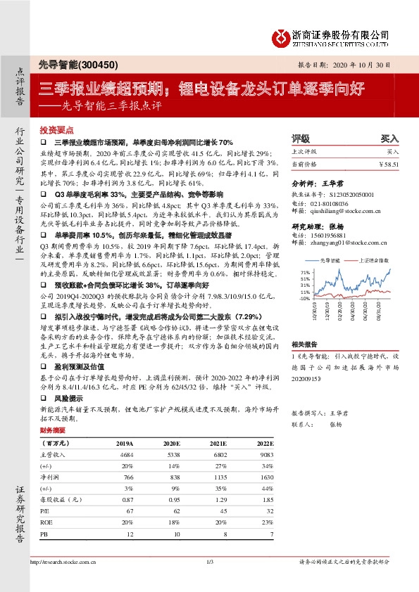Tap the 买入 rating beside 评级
[x=389, y=139]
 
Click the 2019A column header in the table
[x=124, y=444]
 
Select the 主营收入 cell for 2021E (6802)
[x=218, y=456]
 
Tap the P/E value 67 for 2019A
[x=129, y=510]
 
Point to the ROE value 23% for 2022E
[x=265, y=522]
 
